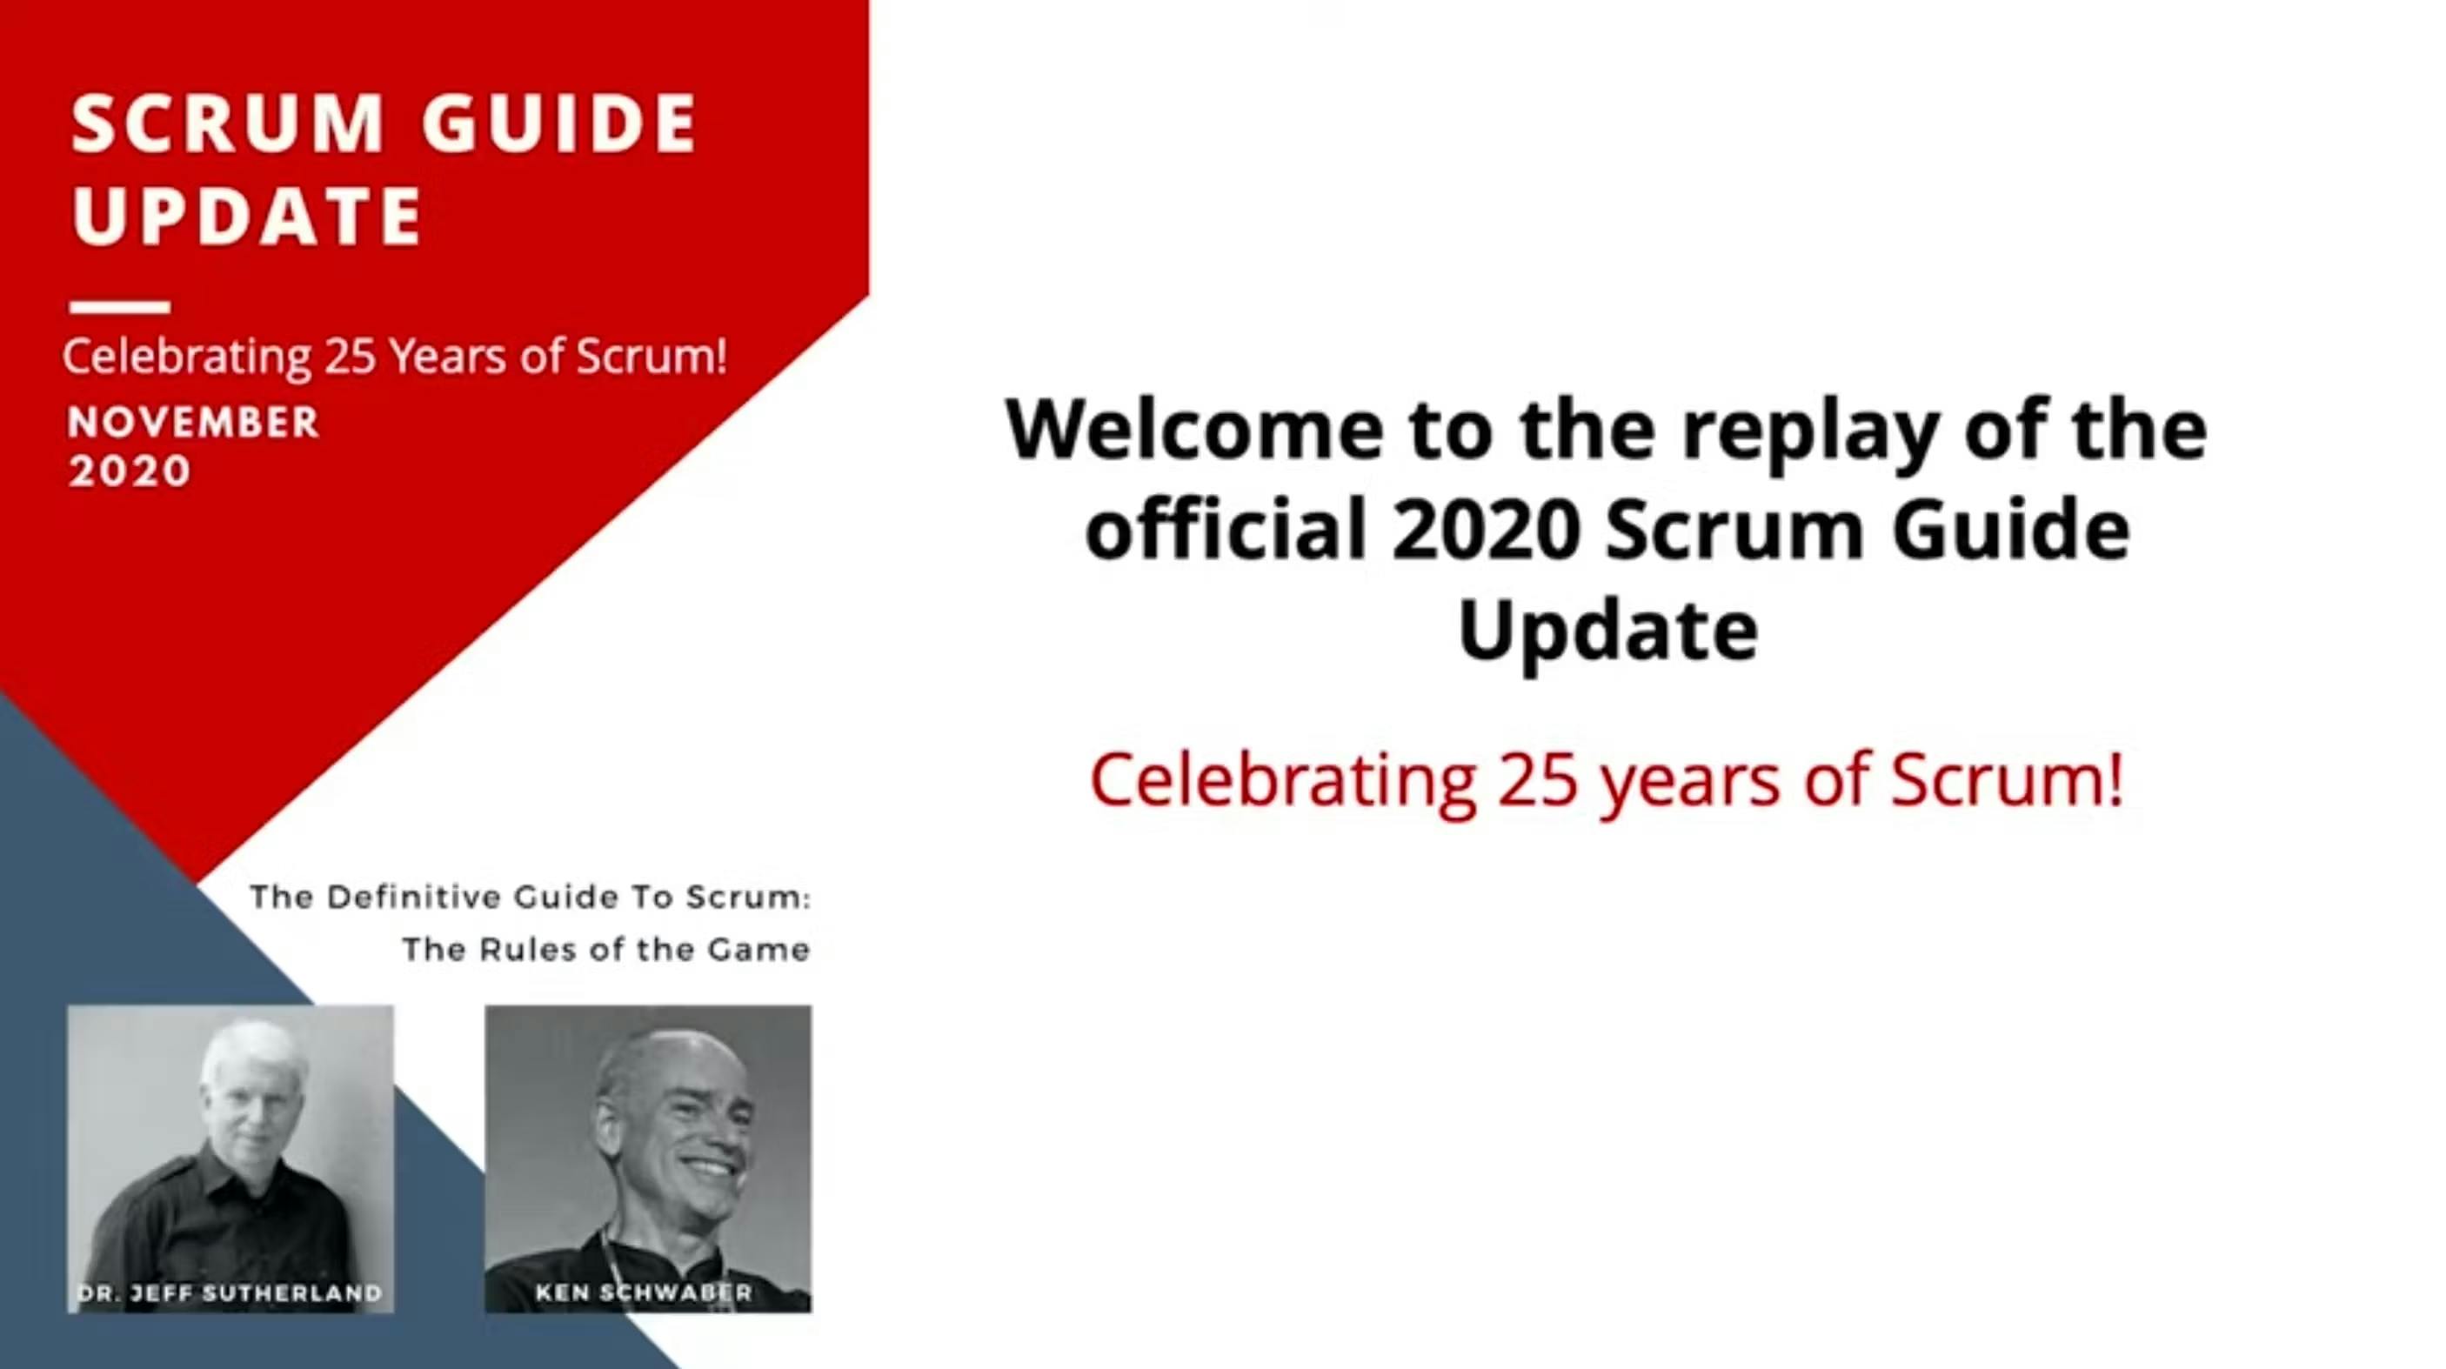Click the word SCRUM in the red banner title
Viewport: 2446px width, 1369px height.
(227, 124)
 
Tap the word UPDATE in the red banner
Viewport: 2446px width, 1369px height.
(247, 215)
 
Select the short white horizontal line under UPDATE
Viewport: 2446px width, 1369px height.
(120, 307)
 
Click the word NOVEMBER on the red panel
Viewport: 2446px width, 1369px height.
(193, 423)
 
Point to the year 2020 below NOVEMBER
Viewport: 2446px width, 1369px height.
(129, 471)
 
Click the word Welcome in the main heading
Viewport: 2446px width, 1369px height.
(1193, 429)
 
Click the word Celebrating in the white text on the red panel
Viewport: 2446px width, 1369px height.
(186, 357)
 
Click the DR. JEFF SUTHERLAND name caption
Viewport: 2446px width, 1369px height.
(229, 1292)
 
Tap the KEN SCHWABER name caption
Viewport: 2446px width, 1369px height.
(644, 1292)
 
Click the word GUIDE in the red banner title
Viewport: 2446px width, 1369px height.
(560, 124)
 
